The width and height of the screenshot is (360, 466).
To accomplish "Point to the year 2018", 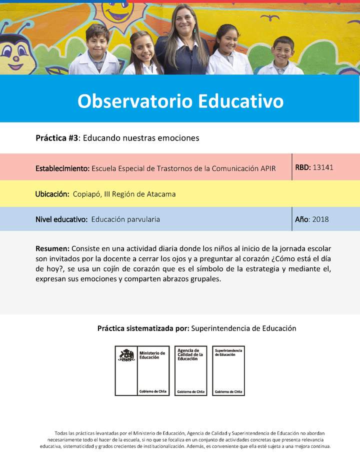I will (320, 219).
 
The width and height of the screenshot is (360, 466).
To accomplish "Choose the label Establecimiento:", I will (62, 168).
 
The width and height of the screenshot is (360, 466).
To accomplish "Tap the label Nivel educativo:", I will (61, 219).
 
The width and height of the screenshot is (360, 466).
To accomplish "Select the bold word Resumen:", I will (52, 248).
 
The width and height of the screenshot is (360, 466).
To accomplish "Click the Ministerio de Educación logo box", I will (142, 370).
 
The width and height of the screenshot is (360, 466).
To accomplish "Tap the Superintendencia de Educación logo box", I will (228, 370).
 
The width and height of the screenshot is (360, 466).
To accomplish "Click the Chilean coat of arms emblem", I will (126, 355).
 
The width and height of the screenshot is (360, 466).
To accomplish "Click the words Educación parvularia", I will (125, 219).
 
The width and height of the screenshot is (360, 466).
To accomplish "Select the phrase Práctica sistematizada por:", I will (143, 328).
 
